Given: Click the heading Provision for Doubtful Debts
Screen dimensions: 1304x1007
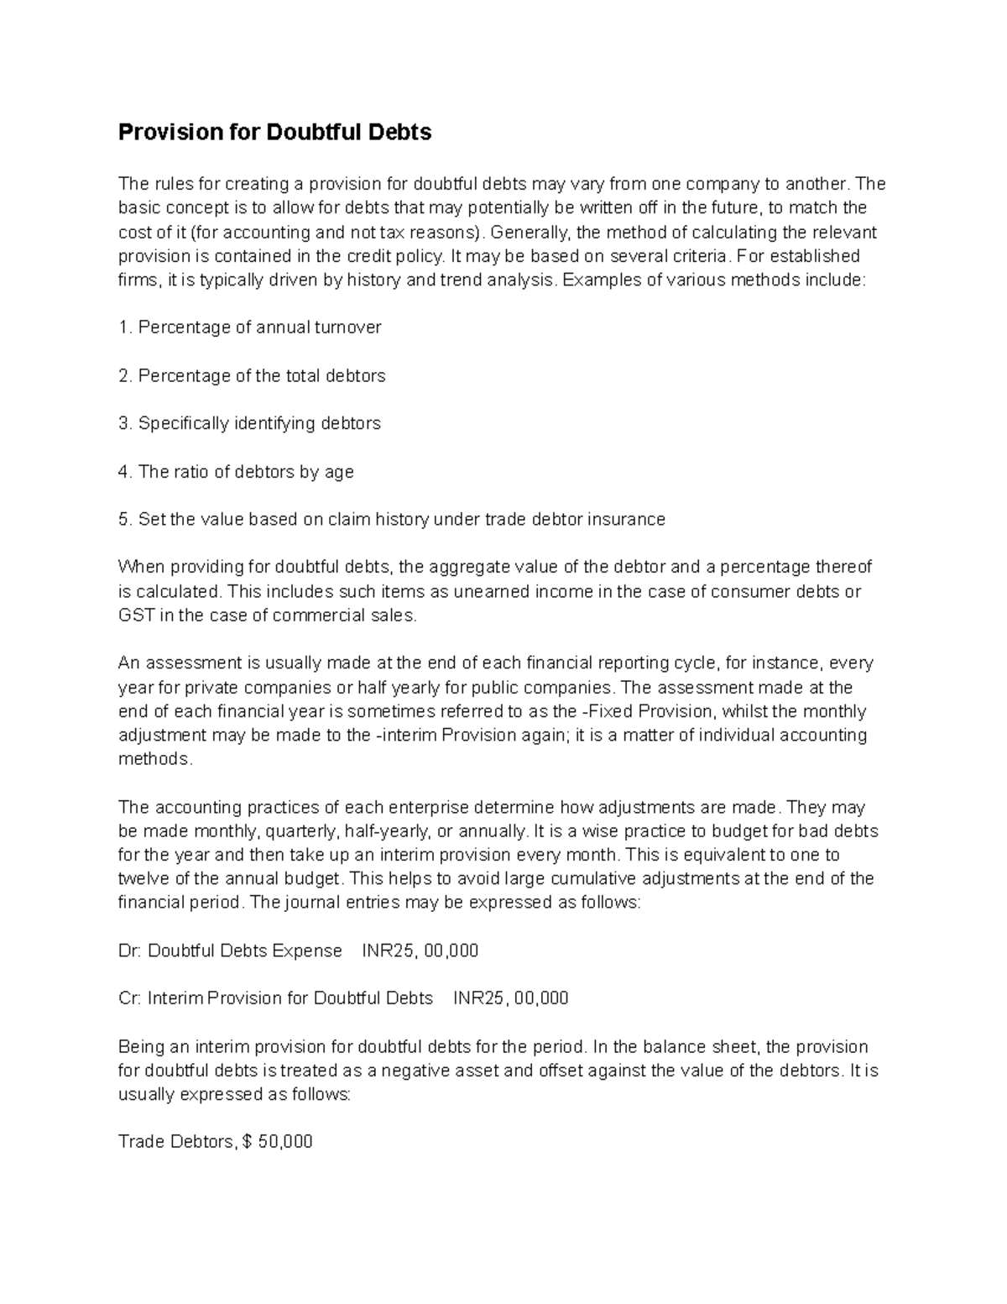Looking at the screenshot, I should (x=274, y=133).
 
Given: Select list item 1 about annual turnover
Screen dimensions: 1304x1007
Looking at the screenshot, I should (x=250, y=327).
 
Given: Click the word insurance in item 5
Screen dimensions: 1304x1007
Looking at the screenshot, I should (x=626, y=520).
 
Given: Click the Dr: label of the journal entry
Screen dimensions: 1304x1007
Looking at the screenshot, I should (x=131, y=951).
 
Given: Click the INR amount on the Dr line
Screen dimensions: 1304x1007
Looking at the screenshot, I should (x=420, y=951).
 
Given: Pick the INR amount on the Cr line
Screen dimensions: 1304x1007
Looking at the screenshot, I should (x=511, y=998).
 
